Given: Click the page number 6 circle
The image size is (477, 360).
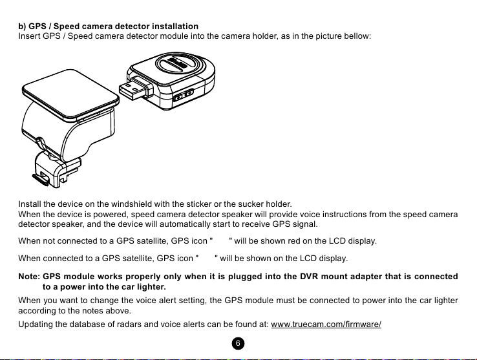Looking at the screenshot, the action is point(238,344).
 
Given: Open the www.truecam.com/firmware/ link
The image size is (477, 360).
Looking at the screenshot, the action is point(326,324).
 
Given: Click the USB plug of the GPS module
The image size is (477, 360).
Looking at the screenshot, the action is point(134,89).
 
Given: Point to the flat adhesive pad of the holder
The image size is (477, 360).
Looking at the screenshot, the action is point(70,94).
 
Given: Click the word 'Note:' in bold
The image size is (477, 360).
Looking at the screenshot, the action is point(29,277).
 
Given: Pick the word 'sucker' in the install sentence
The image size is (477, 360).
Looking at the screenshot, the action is point(251,204).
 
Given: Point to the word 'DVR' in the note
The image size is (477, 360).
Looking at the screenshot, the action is point(309,277).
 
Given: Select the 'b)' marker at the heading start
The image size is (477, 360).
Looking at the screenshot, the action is point(22,26).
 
